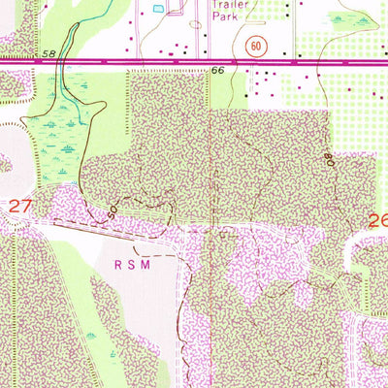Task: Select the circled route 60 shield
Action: pyautogui.click(x=256, y=45)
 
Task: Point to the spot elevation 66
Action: pyautogui.click(x=217, y=71)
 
